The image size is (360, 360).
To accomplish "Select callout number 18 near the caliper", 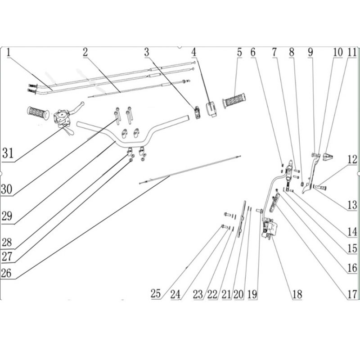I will pos(297,294).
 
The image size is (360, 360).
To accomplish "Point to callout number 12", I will pos(352,159).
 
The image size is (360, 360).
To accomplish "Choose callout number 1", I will pos(9,53).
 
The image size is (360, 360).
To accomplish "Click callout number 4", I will pos(194,53).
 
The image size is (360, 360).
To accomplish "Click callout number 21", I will pos(226,294).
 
